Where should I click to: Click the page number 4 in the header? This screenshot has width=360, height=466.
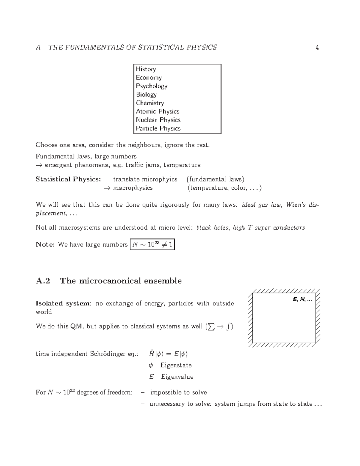317,47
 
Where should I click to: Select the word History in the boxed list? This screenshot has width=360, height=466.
146,69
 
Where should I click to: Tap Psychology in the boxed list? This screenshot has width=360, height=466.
151,86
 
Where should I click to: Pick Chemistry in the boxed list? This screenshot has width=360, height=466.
150,103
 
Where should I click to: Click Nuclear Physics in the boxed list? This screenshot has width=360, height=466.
158,120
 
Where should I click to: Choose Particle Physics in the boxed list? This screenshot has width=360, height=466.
158,128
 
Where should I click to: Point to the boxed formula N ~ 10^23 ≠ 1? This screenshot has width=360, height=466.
152,245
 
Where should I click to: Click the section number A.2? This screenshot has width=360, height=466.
43,281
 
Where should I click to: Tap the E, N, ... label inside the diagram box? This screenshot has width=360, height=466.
302,299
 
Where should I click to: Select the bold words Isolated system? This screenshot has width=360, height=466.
63,303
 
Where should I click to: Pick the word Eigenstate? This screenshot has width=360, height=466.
176,365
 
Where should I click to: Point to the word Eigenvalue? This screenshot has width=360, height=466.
177,377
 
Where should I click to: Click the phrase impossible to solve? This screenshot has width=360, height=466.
178,392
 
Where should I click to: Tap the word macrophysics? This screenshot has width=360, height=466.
133,188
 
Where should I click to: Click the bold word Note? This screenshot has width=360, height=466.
45,245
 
